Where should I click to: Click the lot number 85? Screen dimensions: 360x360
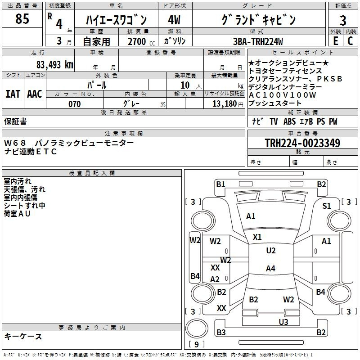(x=22, y=18)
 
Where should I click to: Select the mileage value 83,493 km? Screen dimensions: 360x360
(x=54, y=65)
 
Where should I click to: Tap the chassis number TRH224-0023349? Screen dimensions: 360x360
(x=302, y=143)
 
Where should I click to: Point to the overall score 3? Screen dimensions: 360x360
(x=343, y=20)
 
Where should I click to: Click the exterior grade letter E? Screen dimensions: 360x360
(x=335, y=41)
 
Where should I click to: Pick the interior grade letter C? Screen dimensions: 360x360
(x=350, y=41)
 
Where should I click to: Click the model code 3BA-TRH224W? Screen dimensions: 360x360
(x=258, y=41)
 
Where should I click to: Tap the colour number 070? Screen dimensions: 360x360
(x=75, y=104)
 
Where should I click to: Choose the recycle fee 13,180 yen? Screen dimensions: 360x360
(x=228, y=104)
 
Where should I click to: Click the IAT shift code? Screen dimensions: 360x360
(x=13, y=94)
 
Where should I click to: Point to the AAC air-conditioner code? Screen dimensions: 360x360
(x=35, y=94)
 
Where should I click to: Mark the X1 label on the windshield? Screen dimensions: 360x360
(x=257, y=237)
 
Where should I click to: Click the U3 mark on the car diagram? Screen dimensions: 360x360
(x=283, y=322)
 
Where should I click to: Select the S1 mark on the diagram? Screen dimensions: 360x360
(x=327, y=206)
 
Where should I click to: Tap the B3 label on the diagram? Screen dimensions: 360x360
(x=221, y=332)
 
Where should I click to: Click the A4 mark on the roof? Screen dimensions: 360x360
(x=270, y=268)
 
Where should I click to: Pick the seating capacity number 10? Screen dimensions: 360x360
(x=185, y=85)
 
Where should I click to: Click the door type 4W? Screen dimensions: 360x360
(x=174, y=20)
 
